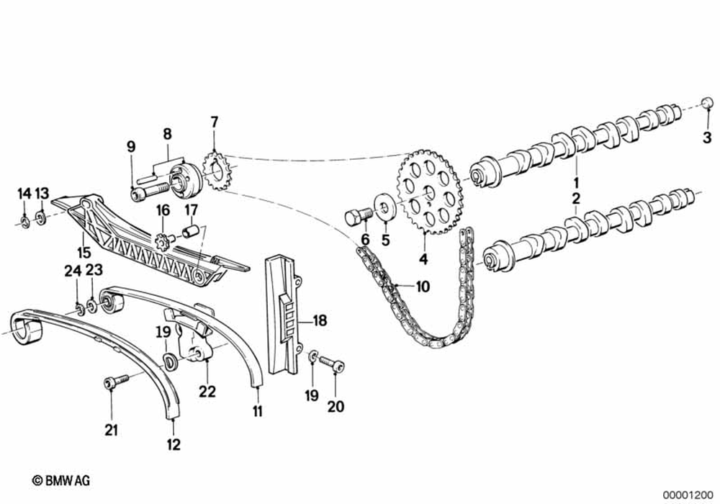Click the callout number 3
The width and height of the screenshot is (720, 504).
[x=707, y=137]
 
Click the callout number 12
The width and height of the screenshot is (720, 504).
[x=174, y=444]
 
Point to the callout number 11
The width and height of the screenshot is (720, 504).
[x=258, y=411]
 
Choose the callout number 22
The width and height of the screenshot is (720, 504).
[x=207, y=392]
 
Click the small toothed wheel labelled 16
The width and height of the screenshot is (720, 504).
[x=162, y=238]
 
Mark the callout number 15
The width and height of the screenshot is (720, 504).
[x=84, y=253]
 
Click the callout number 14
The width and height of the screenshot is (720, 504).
[x=24, y=193]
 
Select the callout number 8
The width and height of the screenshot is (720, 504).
[x=167, y=133]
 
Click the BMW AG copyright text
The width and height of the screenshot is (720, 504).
[x=60, y=480]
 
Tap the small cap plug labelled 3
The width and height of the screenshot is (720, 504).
[x=708, y=102]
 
